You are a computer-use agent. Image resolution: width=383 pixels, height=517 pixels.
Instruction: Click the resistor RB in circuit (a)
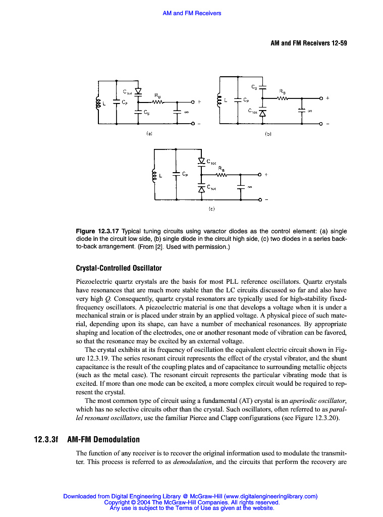click(157, 103)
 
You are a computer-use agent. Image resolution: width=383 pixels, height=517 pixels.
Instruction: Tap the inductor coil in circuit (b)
click(219, 100)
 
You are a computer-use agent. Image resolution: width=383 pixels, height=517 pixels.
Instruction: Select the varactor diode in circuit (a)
click(138, 91)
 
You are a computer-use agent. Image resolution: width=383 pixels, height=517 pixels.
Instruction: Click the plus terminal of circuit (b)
click(320, 98)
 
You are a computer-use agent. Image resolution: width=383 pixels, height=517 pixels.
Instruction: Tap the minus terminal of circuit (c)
click(260, 200)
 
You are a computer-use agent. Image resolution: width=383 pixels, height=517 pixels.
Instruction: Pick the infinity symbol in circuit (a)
click(186, 113)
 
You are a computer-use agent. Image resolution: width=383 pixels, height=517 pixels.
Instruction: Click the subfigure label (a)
click(149, 134)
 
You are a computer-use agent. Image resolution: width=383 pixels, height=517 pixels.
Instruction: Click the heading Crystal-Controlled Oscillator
click(118, 268)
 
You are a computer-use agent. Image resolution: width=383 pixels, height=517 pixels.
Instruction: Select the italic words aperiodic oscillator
click(318, 400)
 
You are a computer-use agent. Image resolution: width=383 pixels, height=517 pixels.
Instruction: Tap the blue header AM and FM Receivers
click(192, 13)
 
